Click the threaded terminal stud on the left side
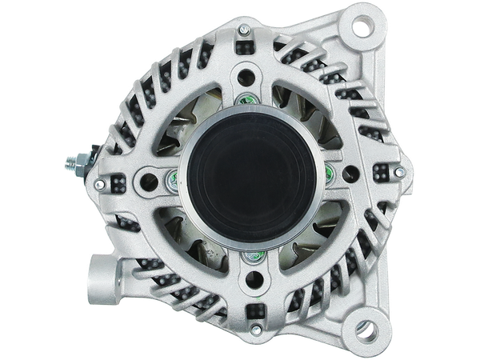point(74,164)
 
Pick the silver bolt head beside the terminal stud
point(98,183)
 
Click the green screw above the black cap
point(245,101)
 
